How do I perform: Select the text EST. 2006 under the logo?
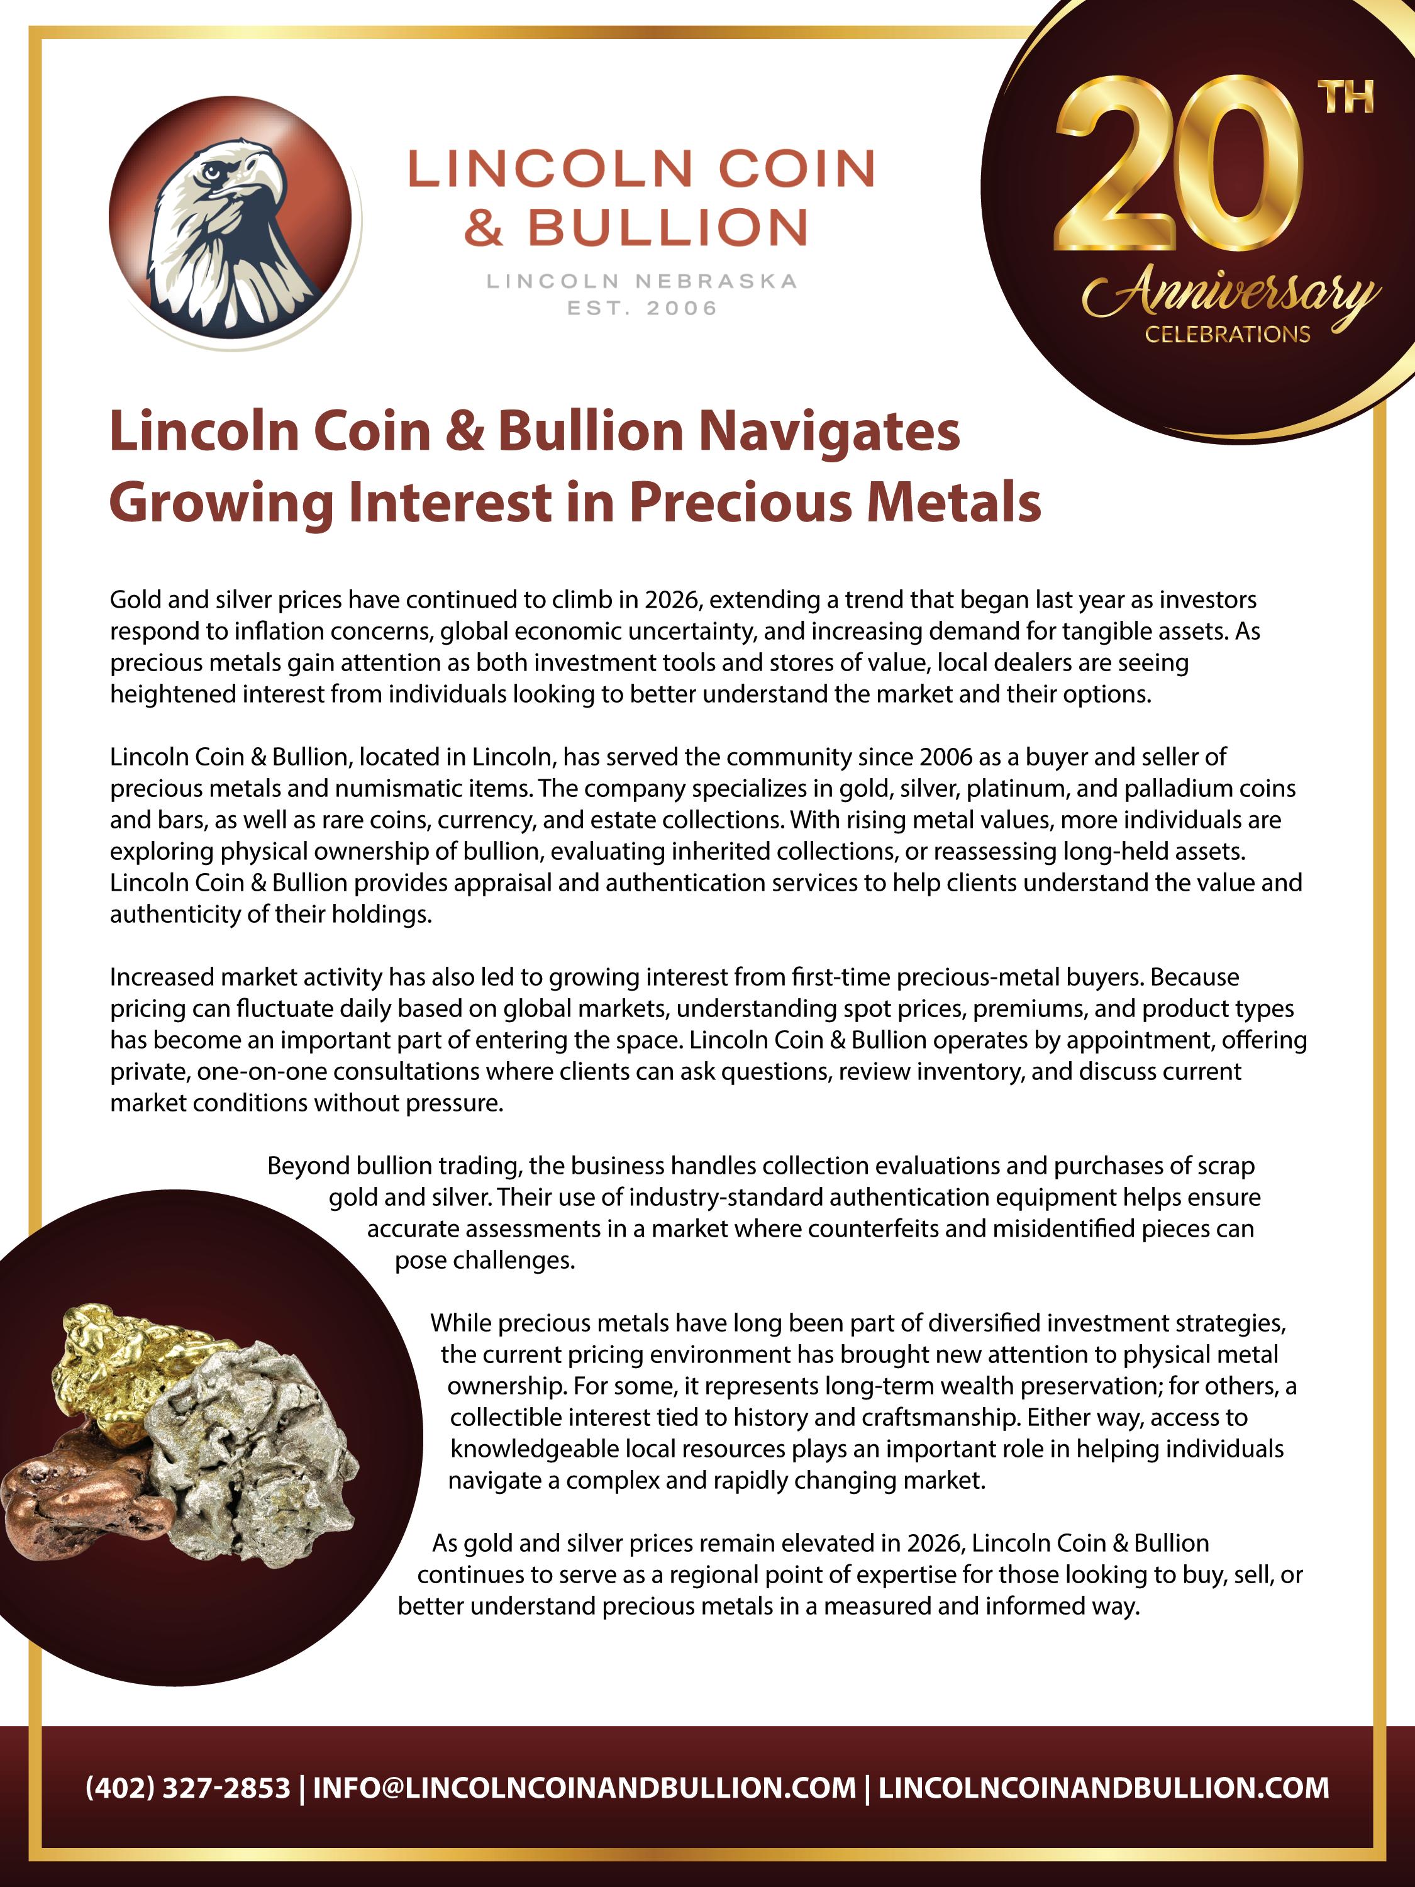coord(642,308)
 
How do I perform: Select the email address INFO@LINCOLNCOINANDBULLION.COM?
coord(584,1786)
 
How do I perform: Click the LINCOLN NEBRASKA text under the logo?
coord(641,281)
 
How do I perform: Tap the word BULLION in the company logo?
coord(668,228)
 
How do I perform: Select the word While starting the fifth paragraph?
coord(460,1323)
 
